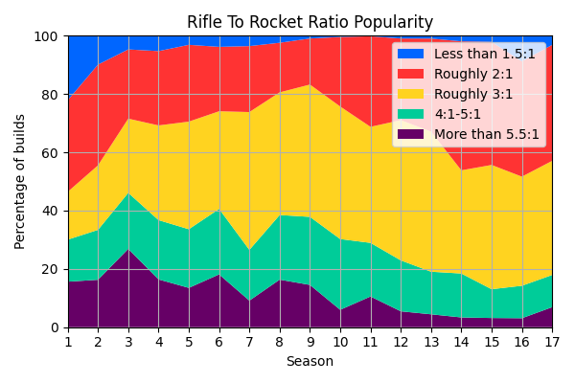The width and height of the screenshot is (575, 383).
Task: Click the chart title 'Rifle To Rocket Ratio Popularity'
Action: [310, 22]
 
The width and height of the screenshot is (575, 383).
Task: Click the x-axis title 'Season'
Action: [310, 362]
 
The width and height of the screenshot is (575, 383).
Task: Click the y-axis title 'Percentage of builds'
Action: [20, 181]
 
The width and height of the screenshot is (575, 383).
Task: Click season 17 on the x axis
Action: [552, 341]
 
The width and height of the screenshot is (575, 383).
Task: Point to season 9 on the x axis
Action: [310, 341]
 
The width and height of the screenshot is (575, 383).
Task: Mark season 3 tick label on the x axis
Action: [128, 341]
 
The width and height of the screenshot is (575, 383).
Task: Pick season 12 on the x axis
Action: [401, 341]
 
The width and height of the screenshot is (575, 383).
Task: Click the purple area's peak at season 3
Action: [128, 250]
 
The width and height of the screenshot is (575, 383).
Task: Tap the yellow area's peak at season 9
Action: [310, 85]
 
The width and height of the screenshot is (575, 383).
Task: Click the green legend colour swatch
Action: [410, 115]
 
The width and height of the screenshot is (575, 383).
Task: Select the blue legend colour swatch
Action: [410, 55]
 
